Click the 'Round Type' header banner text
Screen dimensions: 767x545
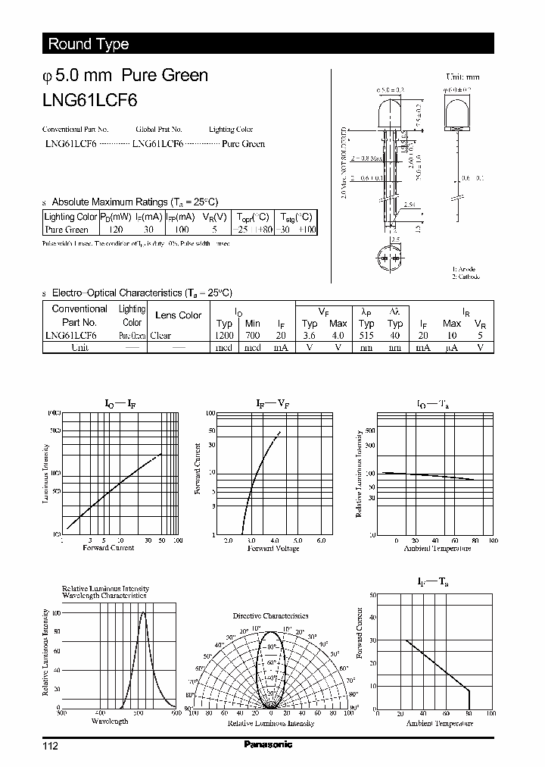[89, 44]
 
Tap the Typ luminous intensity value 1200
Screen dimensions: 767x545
[224, 335]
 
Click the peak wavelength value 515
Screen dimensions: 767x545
[366, 335]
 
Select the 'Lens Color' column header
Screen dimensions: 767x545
[178, 315]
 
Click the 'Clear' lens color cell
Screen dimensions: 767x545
[160, 335]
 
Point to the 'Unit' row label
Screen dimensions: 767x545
[79, 347]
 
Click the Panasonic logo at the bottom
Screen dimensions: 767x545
[268, 745]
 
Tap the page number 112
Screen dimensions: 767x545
[50, 747]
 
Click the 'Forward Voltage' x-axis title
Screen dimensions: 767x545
[274, 548]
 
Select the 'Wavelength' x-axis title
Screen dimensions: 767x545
[110, 721]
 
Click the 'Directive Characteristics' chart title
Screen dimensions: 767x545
[270, 616]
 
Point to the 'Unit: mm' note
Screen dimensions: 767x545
[462, 77]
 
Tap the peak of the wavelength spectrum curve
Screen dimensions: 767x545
[142, 612]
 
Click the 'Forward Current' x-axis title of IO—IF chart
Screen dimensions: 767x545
[108, 548]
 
